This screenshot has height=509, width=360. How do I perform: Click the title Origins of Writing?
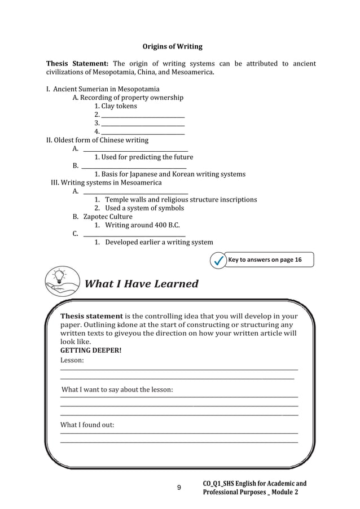[172, 46]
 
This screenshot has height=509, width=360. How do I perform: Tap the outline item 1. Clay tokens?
[116, 106]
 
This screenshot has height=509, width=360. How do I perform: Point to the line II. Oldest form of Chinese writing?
[97, 140]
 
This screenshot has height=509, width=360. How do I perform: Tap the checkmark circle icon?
[217, 260]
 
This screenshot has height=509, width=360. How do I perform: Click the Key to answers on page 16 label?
[265, 260]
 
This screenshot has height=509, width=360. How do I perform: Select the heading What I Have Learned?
[141, 284]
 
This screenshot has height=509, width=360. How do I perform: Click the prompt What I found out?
[87, 424]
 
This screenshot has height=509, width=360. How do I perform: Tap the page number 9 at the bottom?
[179, 488]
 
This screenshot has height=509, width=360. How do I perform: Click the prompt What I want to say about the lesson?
[117, 389]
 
